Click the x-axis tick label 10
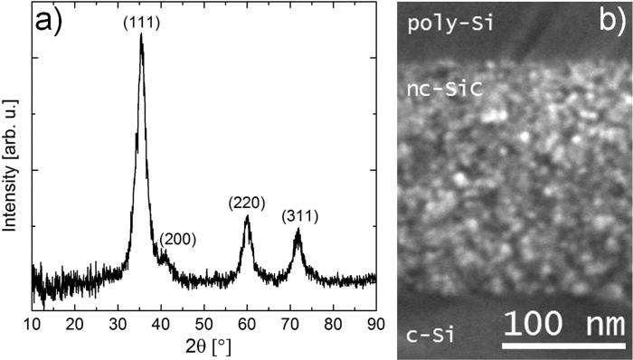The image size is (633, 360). click(33, 323)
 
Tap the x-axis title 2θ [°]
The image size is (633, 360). click(203, 346)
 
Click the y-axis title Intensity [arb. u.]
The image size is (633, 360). click(11, 172)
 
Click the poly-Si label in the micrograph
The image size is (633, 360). click(450, 22)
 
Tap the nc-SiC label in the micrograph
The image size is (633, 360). click(444, 89)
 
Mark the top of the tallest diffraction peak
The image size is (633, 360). click(141, 36)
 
